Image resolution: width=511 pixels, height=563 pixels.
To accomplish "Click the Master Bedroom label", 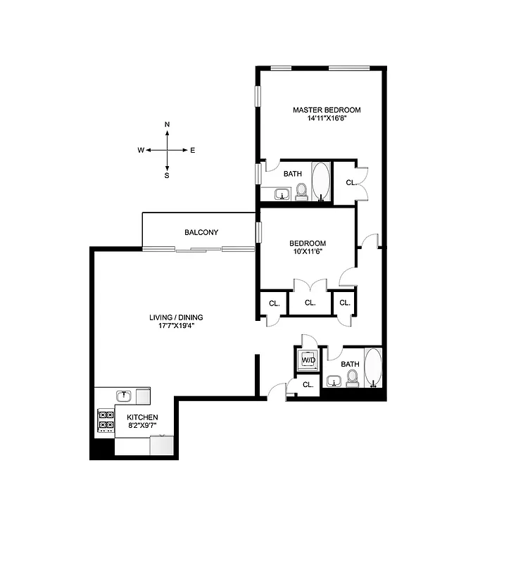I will (x=327, y=110).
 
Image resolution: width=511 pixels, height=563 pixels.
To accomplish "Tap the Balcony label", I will (x=201, y=232).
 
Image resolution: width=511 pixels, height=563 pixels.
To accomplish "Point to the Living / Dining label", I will (x=176, y=317).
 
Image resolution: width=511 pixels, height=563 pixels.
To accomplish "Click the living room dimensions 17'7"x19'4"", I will (x=176, y=327).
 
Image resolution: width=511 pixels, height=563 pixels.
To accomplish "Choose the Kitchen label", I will (x=143, y=417).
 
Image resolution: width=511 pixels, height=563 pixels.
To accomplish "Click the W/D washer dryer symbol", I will (x=308, y=360).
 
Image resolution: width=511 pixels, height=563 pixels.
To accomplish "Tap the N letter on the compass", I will (x=167, y=125).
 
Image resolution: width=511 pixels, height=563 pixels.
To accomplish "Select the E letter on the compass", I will (x=193, y=150).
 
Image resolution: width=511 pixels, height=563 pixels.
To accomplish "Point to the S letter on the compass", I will (x=167, y=176).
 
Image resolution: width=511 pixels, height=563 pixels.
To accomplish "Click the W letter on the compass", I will (x=141, y=150).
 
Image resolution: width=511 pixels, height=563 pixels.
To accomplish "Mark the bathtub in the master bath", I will (x=321, y=182).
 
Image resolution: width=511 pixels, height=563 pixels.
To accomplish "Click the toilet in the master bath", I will (x=301, y=191).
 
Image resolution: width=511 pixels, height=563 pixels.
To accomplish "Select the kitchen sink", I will (x=124, y=396).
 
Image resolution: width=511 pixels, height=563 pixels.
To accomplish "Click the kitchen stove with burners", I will (x=106, y=419).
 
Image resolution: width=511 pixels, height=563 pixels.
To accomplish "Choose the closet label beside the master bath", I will (x=350, y=182).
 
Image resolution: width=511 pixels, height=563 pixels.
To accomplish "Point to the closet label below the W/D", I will (x=308, y=384).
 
